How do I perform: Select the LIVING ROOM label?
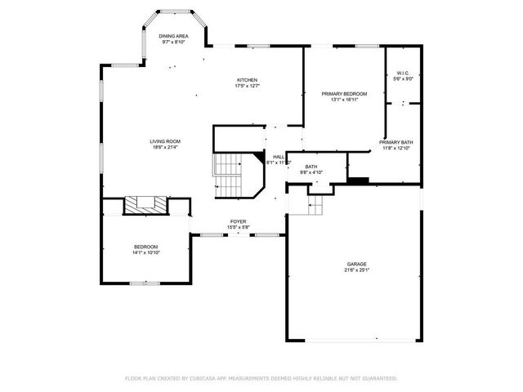pos(164,141)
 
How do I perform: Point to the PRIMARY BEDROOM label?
pos(344,94)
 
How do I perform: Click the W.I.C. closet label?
pos(402,73)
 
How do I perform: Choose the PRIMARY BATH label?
pos(396,142)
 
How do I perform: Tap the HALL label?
pos(279,157)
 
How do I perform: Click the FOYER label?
pos(238,221)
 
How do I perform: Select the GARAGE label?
pos(356,264)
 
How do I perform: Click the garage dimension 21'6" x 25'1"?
pos(356,270)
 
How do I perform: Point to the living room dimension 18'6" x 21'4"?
pos(164,148)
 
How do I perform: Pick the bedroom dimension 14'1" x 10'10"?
pos(146,253)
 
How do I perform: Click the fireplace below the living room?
pos(146,204)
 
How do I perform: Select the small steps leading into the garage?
pos(315,205)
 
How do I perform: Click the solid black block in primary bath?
pos(358,180)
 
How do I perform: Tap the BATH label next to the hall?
pos(312,166)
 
